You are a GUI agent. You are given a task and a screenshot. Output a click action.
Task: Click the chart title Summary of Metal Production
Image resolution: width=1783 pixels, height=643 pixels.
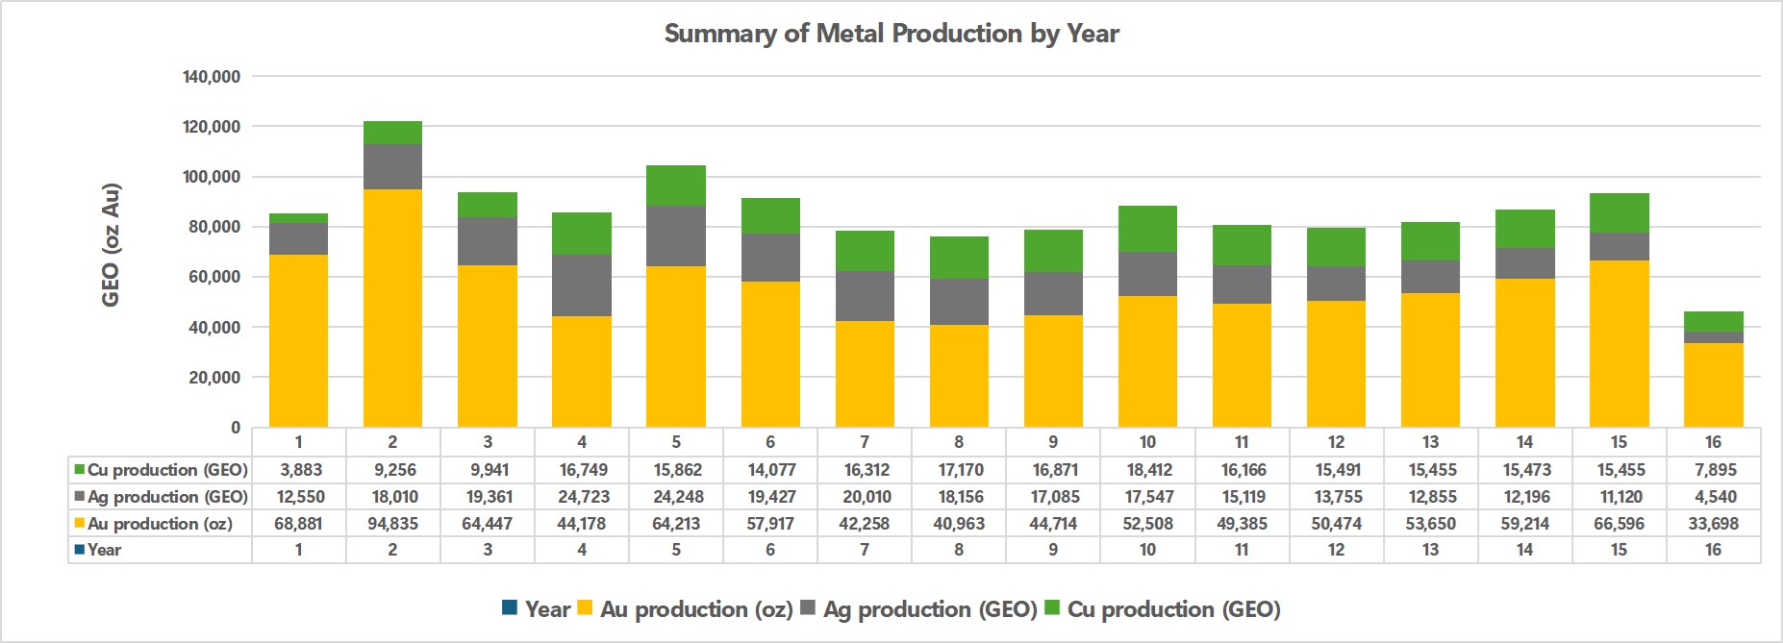point(891,34)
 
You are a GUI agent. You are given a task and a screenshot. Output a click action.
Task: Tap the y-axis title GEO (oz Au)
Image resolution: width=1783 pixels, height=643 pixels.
point(112,245)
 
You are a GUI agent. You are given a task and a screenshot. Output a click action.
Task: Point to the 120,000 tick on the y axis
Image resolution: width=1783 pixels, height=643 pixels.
point(213,127)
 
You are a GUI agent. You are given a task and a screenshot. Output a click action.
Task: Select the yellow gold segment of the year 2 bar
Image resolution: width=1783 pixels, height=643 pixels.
point(392,308)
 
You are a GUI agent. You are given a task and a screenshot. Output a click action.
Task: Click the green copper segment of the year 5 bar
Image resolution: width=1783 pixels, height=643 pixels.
point(675,185)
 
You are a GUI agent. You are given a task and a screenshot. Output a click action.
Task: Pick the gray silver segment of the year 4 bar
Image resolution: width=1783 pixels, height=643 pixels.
point(581,285)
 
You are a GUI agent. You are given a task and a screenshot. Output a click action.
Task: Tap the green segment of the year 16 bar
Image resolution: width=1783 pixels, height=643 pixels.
point(1713,321)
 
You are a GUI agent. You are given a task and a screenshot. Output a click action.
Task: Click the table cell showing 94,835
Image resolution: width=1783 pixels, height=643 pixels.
point(392,524)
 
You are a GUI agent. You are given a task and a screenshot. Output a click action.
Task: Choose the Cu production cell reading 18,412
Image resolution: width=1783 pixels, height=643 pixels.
point(1147,470)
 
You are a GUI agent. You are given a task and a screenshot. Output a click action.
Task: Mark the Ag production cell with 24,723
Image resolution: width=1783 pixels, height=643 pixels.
point(581,497)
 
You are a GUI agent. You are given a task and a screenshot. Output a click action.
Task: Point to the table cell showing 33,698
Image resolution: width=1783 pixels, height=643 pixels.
point(1713,524)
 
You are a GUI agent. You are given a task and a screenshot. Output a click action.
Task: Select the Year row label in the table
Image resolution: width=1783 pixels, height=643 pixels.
point(104,550)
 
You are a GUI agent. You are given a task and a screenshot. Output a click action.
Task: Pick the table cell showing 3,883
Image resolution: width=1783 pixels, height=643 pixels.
point(298,470)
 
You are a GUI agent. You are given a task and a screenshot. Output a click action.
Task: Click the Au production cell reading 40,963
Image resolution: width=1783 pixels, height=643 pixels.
point(959,524)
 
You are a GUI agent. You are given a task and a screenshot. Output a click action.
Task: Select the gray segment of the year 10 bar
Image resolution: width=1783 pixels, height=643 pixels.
point(1147,274)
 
